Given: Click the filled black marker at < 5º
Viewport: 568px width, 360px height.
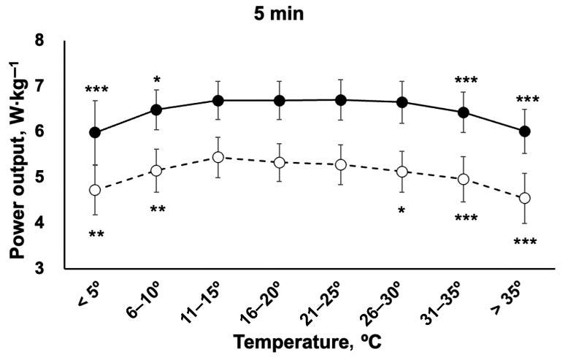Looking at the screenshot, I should (95, 132).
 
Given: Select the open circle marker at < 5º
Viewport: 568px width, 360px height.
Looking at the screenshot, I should (95, 190).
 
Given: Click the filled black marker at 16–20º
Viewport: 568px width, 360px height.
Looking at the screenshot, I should (279, 100).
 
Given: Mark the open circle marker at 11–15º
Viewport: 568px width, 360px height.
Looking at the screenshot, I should (218, 157).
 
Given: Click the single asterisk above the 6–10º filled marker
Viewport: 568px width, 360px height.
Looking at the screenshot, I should (156, 80).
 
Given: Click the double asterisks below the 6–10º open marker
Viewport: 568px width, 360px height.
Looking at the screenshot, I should (157, 210).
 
